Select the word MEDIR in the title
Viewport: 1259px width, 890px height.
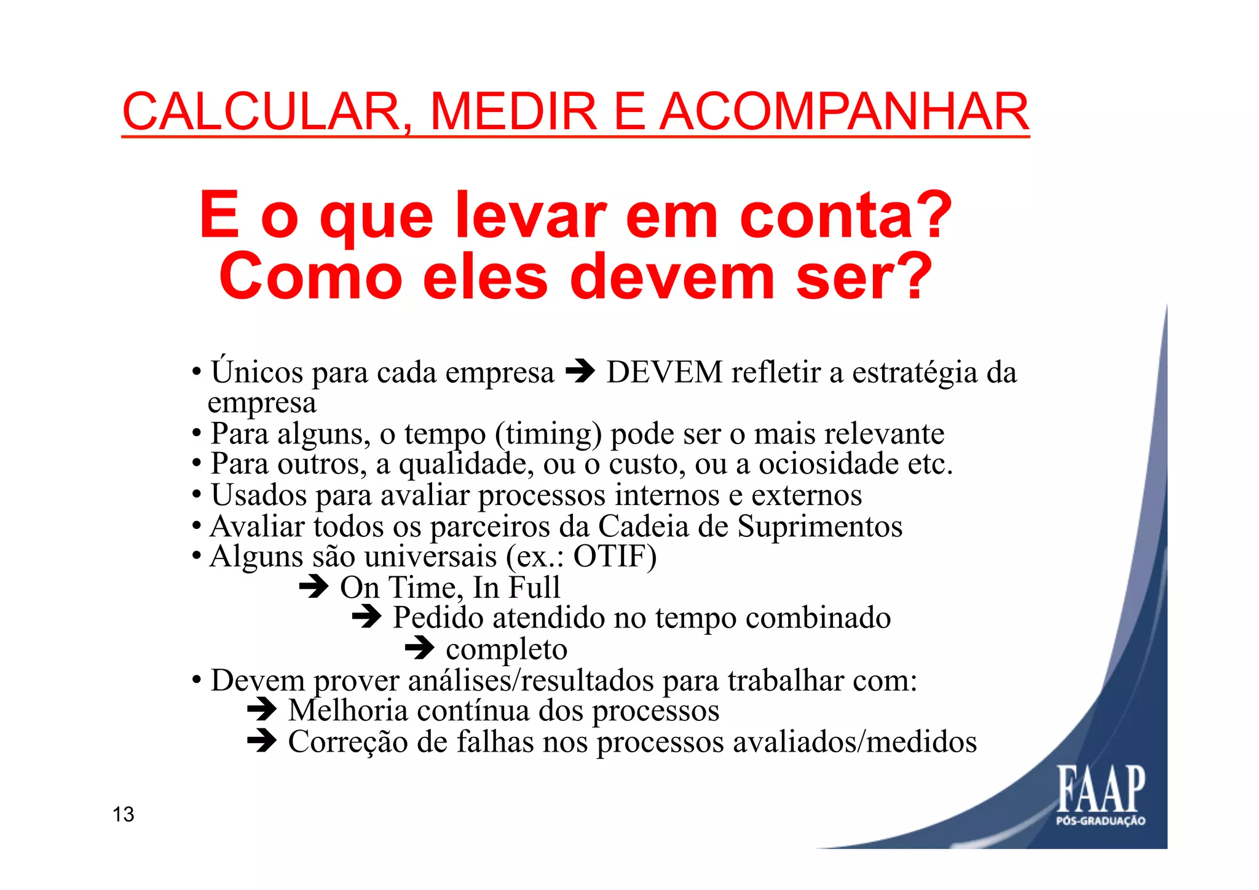(x=513, y=113)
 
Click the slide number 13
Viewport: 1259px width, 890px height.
(x=123, y=814)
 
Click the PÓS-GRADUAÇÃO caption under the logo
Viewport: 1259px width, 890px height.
(x=1100, y=821)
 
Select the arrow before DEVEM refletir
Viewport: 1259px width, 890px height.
(x=580, y=371)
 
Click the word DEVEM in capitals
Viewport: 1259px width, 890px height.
(x=665, y=372)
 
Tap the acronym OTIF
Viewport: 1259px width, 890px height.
(x=609, y=557)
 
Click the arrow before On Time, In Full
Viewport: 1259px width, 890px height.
(x=314, y=587)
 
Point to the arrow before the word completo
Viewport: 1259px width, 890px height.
(x=420, y=648)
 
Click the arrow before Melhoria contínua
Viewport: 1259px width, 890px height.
(x=262, y=710)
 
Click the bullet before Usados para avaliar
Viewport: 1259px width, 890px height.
(x=197, y=495)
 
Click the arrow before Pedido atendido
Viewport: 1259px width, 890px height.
(x=367, y=617)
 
